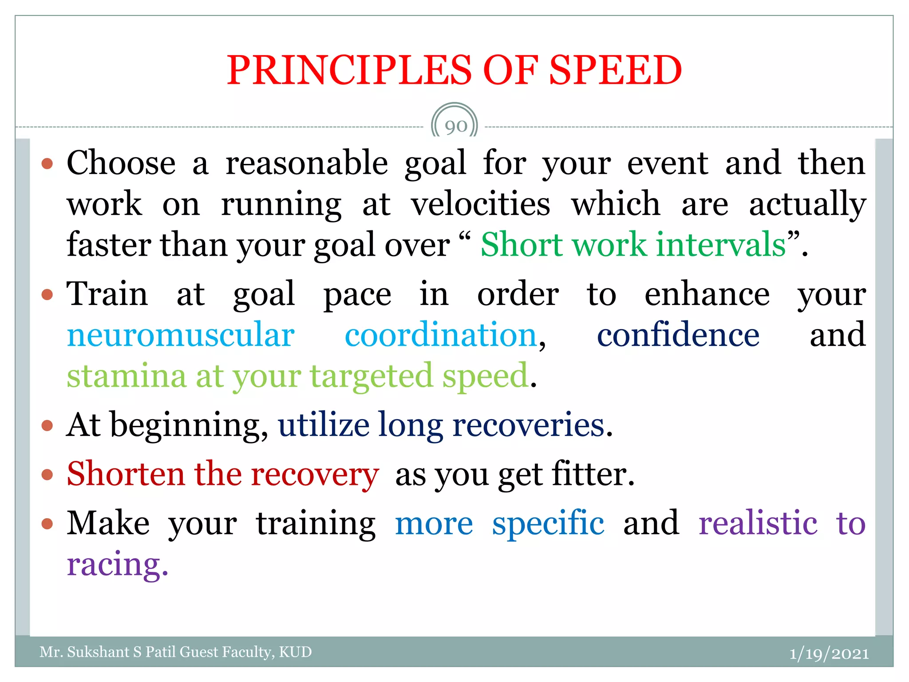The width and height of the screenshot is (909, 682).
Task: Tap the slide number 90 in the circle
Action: (455, 127)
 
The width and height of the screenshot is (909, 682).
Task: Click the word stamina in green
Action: (126, 377)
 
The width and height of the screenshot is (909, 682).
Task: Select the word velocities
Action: (480, 204)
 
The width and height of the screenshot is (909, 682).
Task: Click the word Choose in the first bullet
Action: (121, 163)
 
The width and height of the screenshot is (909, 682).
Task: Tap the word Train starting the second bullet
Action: (107, 294)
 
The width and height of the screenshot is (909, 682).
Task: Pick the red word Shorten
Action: (126, 474)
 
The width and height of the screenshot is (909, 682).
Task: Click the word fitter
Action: (593, 474)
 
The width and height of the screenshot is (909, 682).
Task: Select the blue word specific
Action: (548, 523)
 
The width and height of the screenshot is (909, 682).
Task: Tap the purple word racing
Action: (117, 565)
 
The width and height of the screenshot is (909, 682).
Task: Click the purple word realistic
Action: (758, 523)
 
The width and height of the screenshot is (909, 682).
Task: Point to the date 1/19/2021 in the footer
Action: (829, 654)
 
